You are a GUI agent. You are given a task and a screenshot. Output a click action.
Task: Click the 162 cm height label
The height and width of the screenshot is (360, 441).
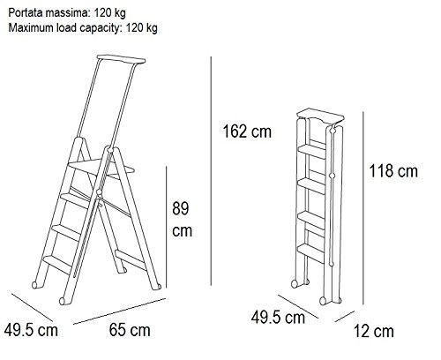(x=247, y=131)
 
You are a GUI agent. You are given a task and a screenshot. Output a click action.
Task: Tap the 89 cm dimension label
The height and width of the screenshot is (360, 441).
(x=182, y=219)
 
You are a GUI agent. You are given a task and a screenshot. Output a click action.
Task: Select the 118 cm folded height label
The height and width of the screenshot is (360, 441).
(x=393, y=170)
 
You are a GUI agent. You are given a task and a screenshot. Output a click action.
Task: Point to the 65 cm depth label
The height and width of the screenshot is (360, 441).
(x=130, y=330)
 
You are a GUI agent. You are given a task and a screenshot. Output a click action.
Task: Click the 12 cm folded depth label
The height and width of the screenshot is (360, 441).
(x=373, y=331)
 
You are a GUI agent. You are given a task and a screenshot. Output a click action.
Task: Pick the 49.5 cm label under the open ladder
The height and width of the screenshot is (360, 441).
(x=31, y=330)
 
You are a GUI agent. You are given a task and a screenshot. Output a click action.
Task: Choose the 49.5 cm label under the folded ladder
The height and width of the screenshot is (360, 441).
(x=278, y=318)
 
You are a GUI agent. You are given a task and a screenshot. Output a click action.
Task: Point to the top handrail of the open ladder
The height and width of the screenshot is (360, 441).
(x=121, y=59)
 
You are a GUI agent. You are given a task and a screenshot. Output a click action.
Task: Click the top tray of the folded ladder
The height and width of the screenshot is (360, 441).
(x=320, y=116)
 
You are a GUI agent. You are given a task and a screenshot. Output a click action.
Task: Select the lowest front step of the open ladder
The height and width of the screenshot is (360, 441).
(x=57, y=264)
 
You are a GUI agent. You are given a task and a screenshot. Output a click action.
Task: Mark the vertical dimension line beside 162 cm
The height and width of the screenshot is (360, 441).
(x=211, y=171)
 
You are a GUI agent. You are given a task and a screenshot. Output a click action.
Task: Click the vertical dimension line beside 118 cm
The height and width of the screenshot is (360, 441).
(x=363, y=208)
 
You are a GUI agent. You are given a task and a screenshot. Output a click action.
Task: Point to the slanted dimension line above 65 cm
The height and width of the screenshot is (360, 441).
(x=120, y=311)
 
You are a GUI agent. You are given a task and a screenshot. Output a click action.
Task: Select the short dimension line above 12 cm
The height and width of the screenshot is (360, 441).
(x=345, y=316)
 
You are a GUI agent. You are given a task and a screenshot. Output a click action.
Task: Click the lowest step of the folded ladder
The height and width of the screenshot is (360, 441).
(x=311, y=252)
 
